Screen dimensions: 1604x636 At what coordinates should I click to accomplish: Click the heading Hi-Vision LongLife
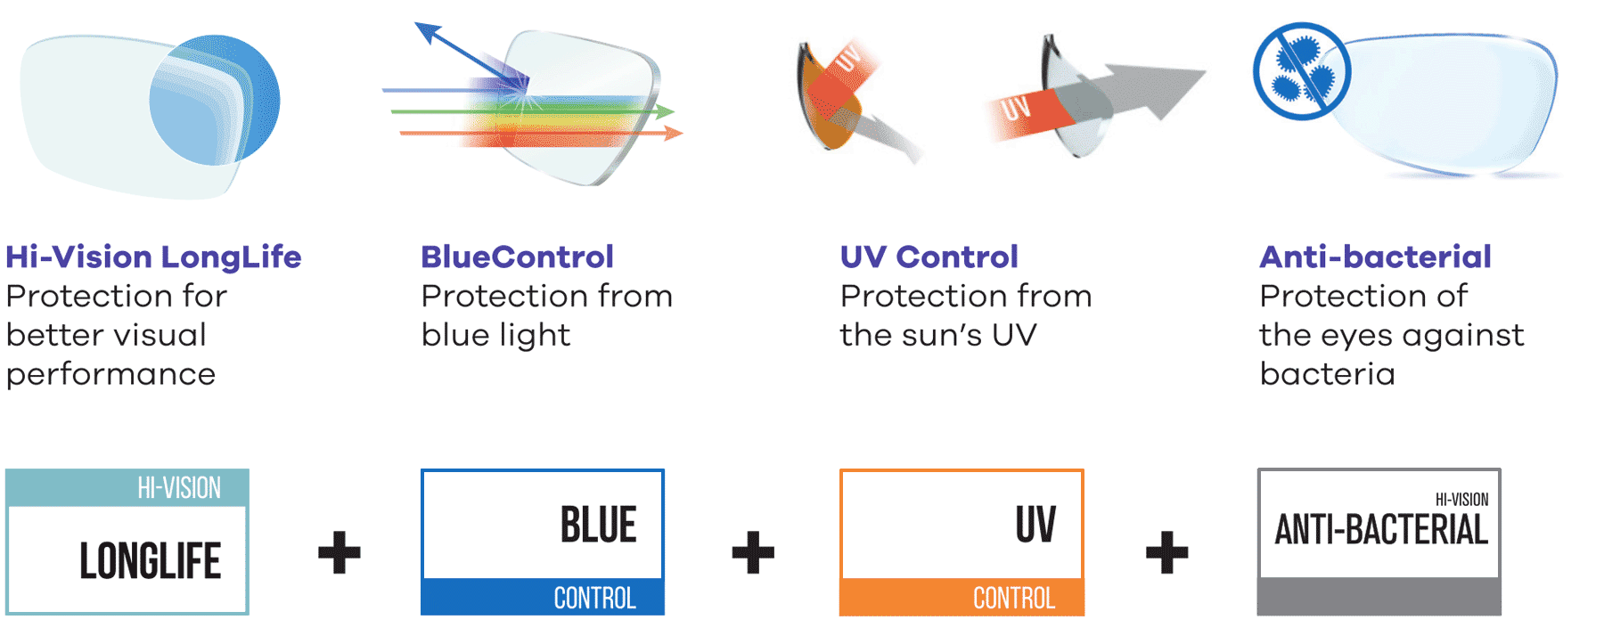point(153,257)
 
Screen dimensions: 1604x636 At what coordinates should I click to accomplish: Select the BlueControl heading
point(517,257)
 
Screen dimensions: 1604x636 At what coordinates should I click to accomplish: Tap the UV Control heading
point(929,257)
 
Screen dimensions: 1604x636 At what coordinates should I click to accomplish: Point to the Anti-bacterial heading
point(1375,257)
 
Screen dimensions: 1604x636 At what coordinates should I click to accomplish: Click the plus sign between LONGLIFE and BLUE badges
point(340,552)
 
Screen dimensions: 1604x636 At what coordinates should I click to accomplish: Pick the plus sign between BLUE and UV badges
point(753,552)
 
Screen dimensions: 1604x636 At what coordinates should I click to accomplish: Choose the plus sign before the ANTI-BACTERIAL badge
point(1166,552)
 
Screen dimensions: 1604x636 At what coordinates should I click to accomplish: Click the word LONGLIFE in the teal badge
point(150,561)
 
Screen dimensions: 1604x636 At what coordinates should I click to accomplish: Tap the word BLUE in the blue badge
point(598,524)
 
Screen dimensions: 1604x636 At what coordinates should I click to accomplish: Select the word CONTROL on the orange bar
point(1014,598)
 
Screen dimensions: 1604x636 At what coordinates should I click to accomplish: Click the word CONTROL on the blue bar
point(594,598)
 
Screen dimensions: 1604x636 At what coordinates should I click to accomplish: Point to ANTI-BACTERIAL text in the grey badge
point(1381,529)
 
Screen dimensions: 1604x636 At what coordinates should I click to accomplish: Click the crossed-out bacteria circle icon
point(1302,71)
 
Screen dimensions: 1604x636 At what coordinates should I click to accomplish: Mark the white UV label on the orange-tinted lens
point(849,58)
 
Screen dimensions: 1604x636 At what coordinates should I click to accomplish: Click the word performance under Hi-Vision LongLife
point(110,375)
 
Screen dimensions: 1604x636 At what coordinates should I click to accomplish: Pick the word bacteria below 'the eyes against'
point(1327,373)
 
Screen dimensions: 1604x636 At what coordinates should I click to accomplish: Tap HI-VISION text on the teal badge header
point(179,488)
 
